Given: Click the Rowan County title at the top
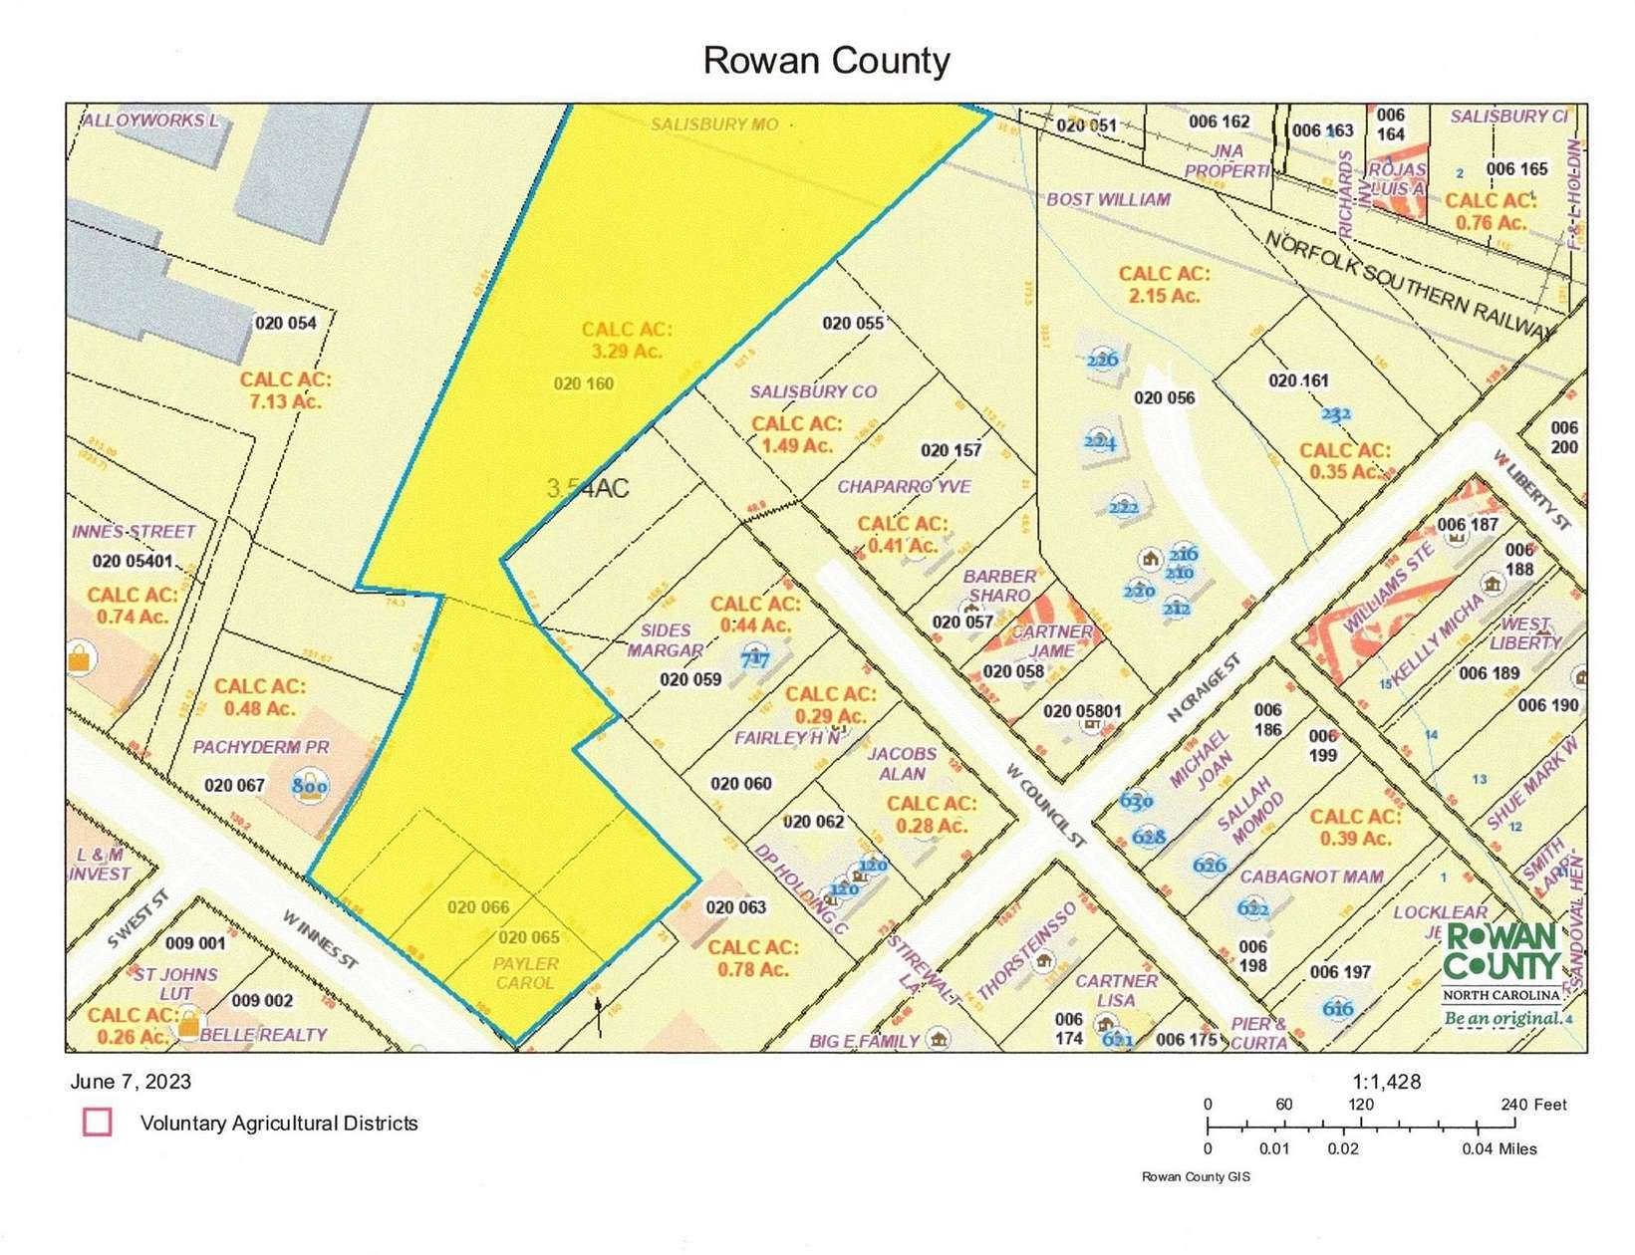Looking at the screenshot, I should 826,61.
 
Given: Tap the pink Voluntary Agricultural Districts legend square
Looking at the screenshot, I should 97,1123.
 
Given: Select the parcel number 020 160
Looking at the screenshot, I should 584,383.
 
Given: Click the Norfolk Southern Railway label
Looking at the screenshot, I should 1409,286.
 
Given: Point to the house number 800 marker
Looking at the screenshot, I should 310,786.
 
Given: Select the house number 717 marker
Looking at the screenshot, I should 756,658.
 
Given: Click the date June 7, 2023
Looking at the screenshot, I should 131,1082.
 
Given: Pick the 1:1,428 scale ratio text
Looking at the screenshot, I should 1386,1082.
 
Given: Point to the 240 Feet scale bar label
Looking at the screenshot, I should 1533,1105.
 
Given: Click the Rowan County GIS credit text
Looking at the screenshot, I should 1195,1177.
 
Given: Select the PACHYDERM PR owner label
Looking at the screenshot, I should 260,747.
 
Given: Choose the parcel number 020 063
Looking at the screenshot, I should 735,907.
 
